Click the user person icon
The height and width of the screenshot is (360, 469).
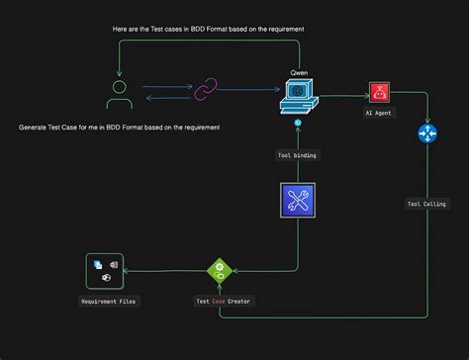point(119,96)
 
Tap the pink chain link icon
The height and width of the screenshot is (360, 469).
point(206,92)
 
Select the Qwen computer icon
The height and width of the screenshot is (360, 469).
point(297,96)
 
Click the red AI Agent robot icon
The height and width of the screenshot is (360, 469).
point(378,93)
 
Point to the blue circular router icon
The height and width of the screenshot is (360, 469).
point(427,134)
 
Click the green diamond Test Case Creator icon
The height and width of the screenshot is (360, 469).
point(218,270)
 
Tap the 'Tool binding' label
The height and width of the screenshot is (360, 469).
point(297,155)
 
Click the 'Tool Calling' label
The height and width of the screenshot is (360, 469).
point(426,205)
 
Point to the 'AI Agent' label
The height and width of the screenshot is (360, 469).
point(378,113)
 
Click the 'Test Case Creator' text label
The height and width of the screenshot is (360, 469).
point(222,301)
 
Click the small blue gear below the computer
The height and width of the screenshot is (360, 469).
point(297,122)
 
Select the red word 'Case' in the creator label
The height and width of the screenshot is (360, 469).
point(220,301)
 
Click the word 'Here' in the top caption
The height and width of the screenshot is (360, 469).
point(123,30)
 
